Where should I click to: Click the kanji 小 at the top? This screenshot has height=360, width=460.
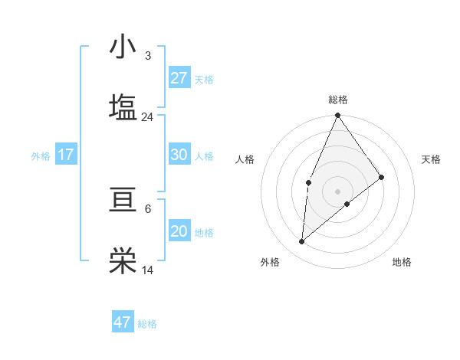click(x=123, y=47)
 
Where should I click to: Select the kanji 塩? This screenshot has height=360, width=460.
click(x=123, y=106)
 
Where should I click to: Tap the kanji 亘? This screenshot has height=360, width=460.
click(x=123, y=201)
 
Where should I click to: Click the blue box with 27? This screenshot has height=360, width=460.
click(x=179, y=78)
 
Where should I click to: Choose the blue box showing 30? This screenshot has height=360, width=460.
click(x=179, y=155)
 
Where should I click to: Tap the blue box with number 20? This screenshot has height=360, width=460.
click(x=179, y=231)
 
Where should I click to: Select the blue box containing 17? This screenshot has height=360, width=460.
click(x=66, y=155)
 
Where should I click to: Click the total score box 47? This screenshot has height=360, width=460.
click(x=123, y=322)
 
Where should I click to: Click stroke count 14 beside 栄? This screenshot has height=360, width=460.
click(x=147, y=270)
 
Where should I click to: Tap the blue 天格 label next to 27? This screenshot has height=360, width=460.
click(x=204, y=79)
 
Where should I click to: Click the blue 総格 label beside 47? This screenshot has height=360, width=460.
click(x=147, y=324)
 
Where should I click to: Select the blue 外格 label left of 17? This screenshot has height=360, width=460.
click(x=41, y=156)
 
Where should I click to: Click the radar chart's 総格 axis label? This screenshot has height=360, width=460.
click(x=338, y=100)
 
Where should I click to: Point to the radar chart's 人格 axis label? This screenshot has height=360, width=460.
click(x=245, y=159)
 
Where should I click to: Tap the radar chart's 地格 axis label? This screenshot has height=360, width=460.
click(x=402, y=262)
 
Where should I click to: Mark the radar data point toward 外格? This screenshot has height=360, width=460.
click(x=302, y=242)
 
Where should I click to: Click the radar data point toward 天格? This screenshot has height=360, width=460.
click(x=382, y=177)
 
